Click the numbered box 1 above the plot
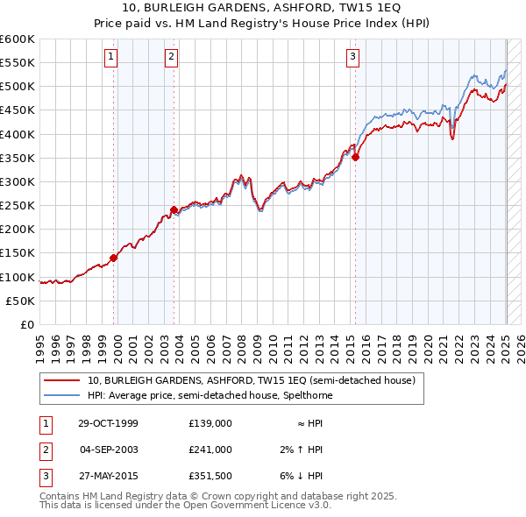(x=112, y=58)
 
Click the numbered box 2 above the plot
(x=171, y=58)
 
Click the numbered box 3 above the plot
(x=352, y=58)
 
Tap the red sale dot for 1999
(x=114, y=258)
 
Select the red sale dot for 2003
(x=174, y=209)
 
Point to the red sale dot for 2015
(x=356, y=157)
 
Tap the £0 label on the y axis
(x=25, y=324)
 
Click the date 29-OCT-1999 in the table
(x=109, y=423)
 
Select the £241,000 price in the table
(x=210, y=450)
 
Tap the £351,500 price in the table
(x=210, y=477)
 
